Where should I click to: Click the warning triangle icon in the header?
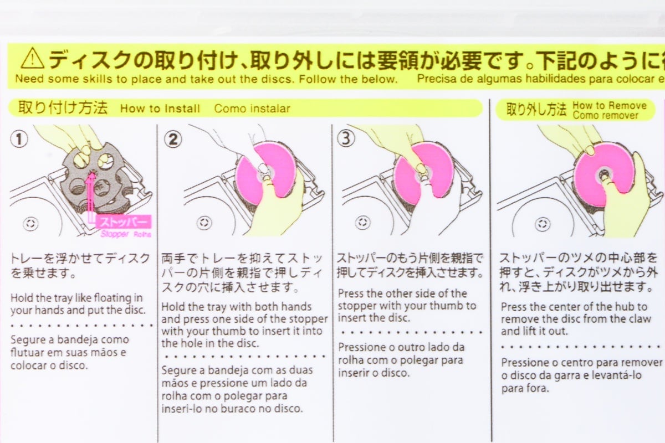[33, 58]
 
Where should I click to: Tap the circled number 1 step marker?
[20, 140]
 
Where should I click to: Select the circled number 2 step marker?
[172, 140]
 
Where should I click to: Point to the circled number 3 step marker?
[346, 139]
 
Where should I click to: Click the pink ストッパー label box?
[123, 223]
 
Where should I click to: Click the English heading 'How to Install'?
[160, 109]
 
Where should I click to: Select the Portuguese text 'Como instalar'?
[252, 109]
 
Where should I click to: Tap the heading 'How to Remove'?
[609, 105]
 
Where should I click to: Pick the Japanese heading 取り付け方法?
[63, 108]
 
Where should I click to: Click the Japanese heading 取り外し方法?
[536, 109]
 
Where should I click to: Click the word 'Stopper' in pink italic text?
[115, 234]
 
